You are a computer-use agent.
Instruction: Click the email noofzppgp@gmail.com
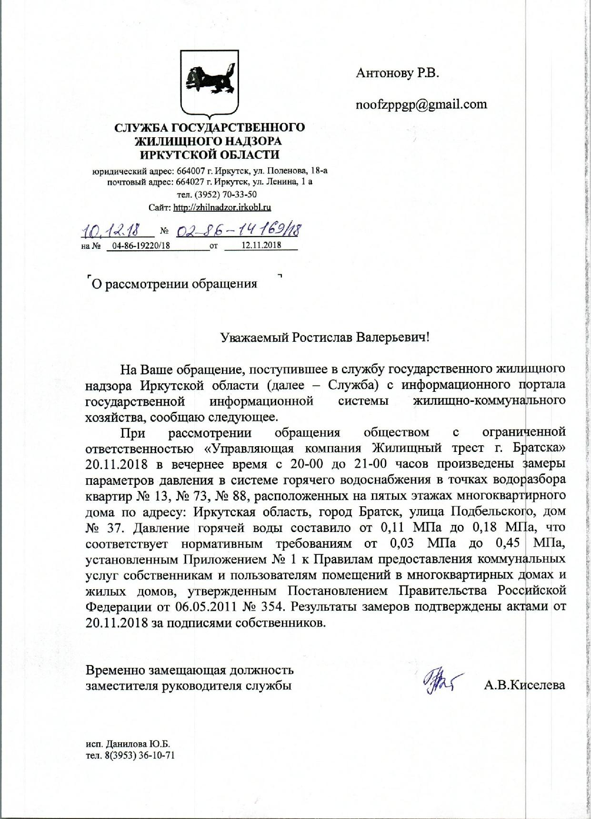(421, 104)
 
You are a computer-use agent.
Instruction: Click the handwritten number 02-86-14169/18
(240, 231)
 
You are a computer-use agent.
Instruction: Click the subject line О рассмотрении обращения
(174, 284)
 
